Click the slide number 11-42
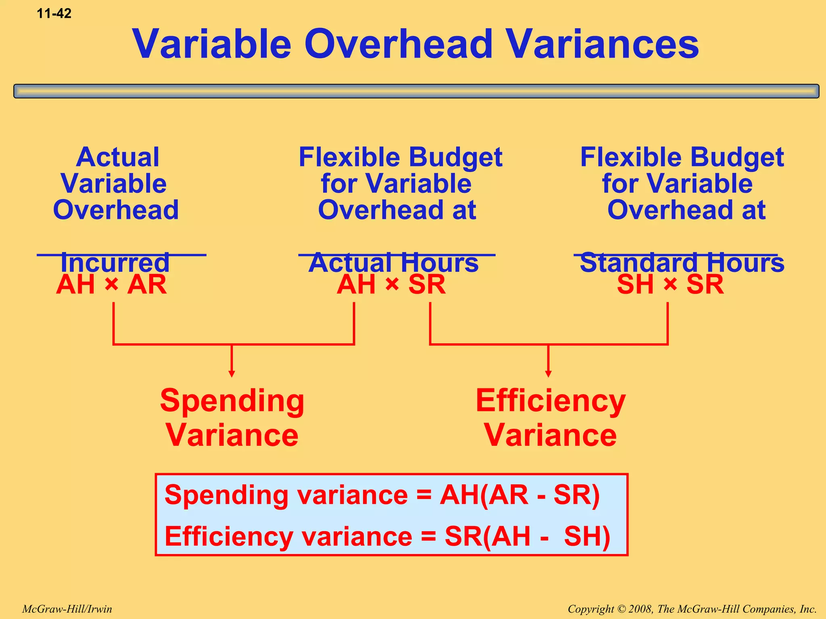click(54, 14)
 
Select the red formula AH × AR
click(111, 285)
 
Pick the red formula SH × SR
click(670, 285)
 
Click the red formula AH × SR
click(391, 285)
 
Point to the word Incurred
click(115, 263)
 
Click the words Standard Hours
click(682, 263)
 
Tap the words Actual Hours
click(394, 263)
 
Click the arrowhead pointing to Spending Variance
click(232, 374)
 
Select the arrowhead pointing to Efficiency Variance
click(548, 374)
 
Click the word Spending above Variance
click(232, 401)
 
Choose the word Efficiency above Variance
click(551, 401)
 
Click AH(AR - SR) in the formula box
click(519, 495)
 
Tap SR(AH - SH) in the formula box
click(527, 536)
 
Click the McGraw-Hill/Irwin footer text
click(67, 609)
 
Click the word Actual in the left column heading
click(117, 157)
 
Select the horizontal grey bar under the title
click(416, 91)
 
